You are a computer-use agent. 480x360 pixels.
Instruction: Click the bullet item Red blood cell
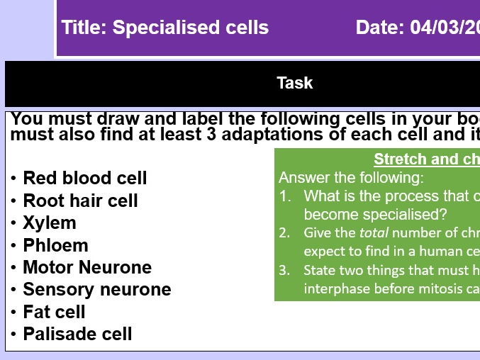84,178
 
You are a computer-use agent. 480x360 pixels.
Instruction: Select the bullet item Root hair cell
80,201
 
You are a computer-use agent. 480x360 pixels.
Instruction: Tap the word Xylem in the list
49,223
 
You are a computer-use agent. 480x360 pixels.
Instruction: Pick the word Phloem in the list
55,245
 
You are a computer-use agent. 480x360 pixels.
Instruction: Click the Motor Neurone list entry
86,267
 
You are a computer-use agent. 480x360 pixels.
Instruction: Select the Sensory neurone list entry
96,289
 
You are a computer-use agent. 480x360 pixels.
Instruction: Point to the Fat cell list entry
54,312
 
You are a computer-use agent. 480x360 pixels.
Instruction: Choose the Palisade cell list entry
77,334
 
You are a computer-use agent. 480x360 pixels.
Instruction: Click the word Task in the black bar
294,83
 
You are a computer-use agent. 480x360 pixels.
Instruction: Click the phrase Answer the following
351,177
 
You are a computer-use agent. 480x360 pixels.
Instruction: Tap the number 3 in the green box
284,270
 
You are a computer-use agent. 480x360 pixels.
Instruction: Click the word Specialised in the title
155,28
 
